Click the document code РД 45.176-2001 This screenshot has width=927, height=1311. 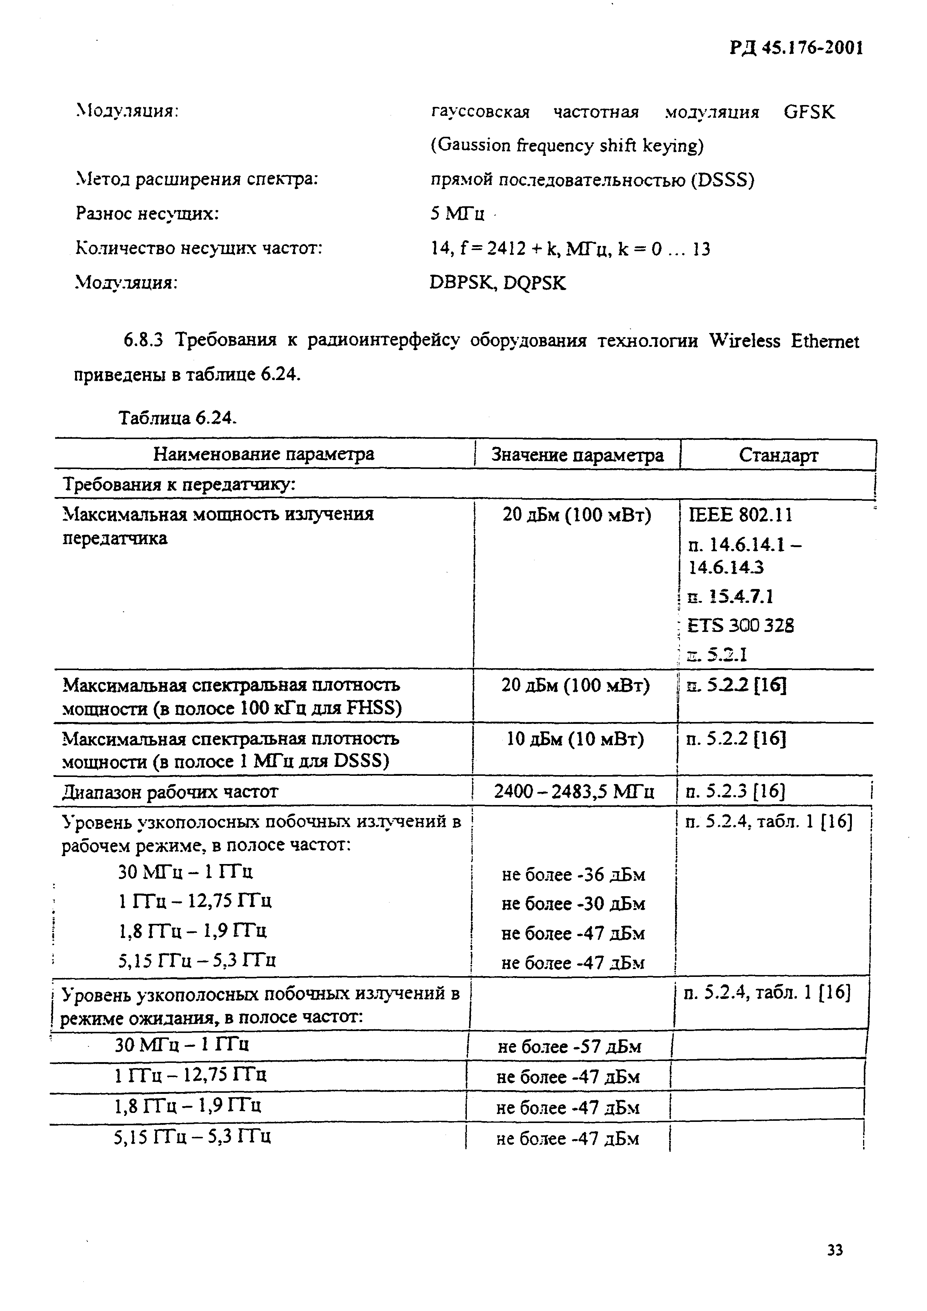coord(796,48)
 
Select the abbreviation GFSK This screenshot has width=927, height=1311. coord(809,112)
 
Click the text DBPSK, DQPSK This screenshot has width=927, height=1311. coord(498,283)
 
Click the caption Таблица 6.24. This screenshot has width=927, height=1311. coord(177,418)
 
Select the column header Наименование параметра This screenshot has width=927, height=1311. coord(264,454)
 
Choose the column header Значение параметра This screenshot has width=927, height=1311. coord(578,455)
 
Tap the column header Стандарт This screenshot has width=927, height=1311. coord(778,455)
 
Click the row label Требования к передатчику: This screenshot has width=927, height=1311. coord(179,485)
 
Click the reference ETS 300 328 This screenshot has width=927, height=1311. coord(741,625)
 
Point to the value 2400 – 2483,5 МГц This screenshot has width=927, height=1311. coord(574,792)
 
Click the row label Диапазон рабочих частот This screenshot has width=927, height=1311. coord(170,792)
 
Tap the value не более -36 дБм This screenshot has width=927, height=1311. coord(573,875)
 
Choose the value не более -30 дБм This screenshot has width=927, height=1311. coord(573,904)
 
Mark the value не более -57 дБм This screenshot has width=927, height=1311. coord(569,1047)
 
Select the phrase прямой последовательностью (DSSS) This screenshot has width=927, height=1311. coord(592,181)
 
